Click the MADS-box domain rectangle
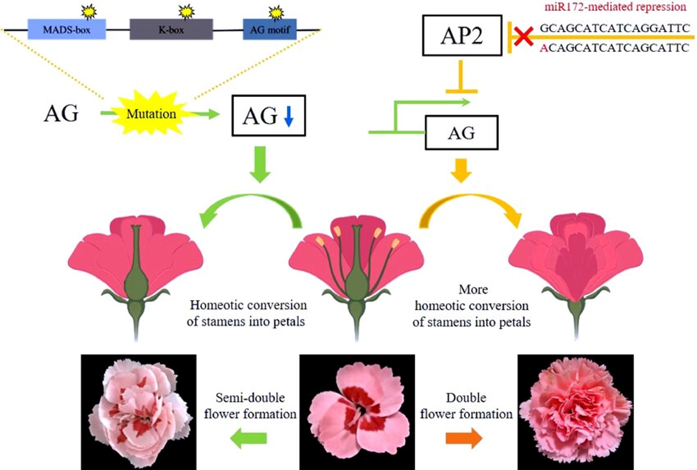67,29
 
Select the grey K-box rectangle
171,29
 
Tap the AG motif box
270,29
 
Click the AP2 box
462,35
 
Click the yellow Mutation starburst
151,114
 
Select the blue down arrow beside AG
288,116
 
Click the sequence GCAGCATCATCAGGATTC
614,28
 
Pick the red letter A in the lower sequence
544,48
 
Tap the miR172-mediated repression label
615,6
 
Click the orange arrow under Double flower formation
464,438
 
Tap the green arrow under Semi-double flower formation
249,438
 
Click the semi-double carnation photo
139,412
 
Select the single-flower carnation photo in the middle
357,412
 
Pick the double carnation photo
575,412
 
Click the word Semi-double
250,397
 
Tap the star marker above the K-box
186,12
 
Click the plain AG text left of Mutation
61,113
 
